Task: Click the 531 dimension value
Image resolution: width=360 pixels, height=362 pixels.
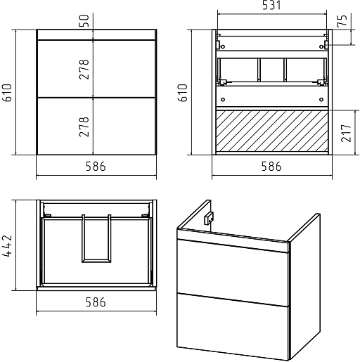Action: click(271, 5)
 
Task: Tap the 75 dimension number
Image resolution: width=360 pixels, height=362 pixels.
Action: click(342, 20)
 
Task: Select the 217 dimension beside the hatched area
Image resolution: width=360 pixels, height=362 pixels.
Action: click(347, 133)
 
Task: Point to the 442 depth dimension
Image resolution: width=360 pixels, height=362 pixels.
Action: click(7, 245)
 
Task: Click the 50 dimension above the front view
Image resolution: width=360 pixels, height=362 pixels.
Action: click(84, 20)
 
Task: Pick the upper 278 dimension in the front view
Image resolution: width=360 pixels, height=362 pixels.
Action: click(84, 70)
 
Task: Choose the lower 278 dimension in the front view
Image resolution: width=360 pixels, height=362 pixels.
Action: click(84, 127)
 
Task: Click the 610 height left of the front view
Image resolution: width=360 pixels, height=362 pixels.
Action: click(7, 93)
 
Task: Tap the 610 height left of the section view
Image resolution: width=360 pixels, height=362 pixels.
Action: click(183, 93)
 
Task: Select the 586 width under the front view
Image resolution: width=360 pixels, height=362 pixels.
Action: click(96, 167)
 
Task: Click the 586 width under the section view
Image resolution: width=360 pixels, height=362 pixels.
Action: click(271, 167)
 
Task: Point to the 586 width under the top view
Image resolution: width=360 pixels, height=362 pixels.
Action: click(96, 302)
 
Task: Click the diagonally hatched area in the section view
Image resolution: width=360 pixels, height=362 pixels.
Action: click(272, 131)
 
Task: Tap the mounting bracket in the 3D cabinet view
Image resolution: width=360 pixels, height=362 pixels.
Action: click(208, 219)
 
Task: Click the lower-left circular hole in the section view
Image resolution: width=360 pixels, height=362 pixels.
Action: click(223, 100)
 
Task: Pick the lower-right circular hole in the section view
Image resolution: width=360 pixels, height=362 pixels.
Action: click(321, 100)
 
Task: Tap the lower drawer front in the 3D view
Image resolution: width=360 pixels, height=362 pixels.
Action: click(233, 326)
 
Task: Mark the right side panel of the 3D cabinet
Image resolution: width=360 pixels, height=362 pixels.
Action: click(304, 286)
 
